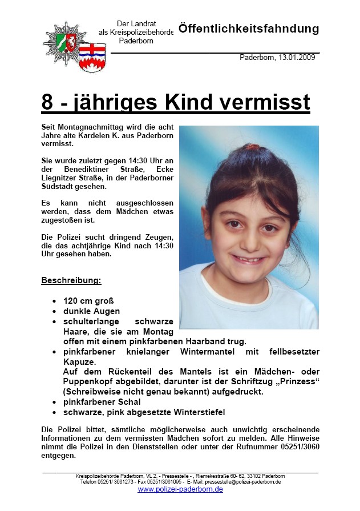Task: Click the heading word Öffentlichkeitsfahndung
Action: [x=248, y=29]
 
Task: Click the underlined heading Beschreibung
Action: [x=71, y=280]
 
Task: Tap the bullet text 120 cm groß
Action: [x=88, y=300]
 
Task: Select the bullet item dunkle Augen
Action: [x=91, y=311]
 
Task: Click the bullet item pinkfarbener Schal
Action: [x=102, y=402]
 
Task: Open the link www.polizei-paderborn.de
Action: [x=180, y=490]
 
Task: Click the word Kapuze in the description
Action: [x=79, y=361]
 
